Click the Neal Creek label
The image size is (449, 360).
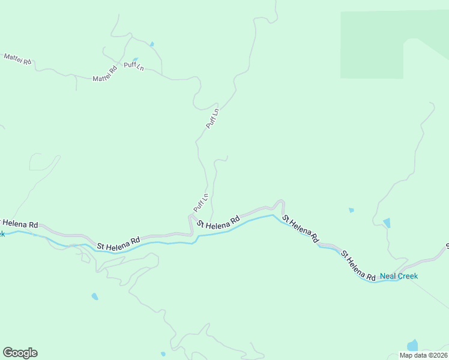(399, 276)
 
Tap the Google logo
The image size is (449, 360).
(20, 353)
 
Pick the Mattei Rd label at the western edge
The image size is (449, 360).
(17, 59)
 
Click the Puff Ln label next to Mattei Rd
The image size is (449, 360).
(134, 66)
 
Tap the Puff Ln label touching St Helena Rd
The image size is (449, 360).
(200, 202)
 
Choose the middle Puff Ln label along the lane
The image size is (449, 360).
(213, 118)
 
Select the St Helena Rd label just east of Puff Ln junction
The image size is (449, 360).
(218, 222)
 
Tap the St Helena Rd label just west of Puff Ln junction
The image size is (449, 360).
(118, 242)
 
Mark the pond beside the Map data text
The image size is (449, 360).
(412, 346)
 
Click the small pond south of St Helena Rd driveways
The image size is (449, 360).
(95, 296)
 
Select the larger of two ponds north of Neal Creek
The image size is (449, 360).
(387, 223)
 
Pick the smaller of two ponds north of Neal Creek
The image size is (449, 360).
(351, 210)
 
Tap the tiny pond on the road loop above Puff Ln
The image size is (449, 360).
(152, 44)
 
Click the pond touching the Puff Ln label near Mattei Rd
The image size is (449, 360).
(136, 59)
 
